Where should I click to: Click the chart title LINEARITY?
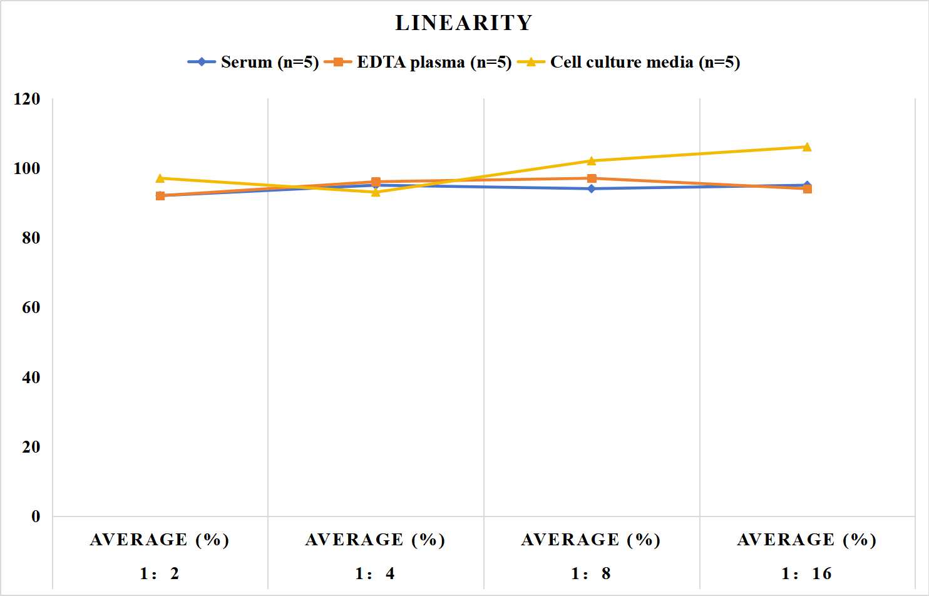(464, 23)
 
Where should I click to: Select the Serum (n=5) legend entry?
(253, 62)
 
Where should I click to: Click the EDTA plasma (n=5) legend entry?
(418, 62)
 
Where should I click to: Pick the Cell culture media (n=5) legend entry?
(629, 62)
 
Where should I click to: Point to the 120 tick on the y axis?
(27, 99)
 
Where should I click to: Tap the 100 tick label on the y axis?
(27, 168)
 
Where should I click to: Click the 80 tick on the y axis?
(31, 238)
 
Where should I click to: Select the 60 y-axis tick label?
(31, 307)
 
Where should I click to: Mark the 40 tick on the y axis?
(31, 377)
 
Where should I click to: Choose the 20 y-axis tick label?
(31, 447)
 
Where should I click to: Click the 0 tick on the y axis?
(36, 516)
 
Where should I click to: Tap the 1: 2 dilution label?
(160, 573)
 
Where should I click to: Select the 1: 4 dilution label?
(376, 573)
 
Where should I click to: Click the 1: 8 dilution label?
(591, 573)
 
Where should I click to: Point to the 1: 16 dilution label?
(807, 573)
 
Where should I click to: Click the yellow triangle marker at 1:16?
(807, 147)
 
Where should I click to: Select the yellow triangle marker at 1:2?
(160, 178)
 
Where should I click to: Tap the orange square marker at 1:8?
(592, 178)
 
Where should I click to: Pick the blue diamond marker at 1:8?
(592, 188)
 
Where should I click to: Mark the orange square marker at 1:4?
(376, 182)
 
